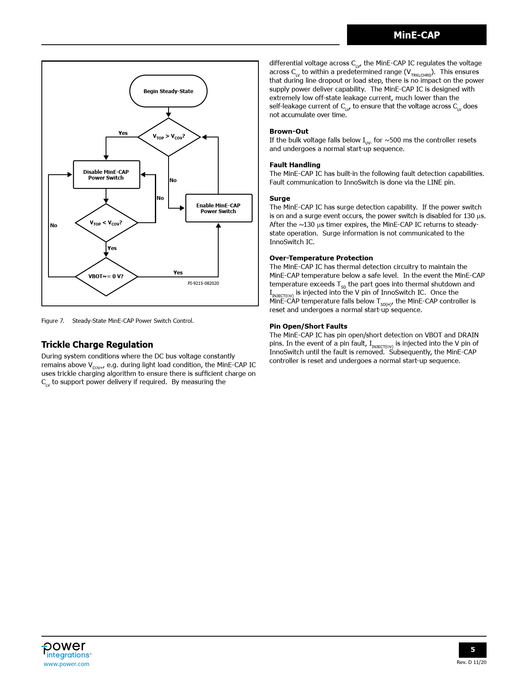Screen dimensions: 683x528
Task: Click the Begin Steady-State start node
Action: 168,91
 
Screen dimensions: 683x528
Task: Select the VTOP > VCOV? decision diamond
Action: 169,137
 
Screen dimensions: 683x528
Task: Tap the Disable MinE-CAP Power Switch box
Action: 106,175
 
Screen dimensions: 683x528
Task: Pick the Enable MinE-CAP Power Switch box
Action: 219,208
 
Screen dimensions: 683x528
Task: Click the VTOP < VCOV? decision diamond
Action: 106,223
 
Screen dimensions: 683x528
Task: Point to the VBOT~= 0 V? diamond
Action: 106,277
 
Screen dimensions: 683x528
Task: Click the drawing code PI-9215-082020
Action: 203,284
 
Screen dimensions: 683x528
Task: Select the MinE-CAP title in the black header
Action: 417,35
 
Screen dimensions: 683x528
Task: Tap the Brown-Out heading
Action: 289,131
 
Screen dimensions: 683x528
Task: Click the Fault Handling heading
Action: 295,165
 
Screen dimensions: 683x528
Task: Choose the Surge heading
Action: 280,198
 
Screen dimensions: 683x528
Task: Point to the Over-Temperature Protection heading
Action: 321,258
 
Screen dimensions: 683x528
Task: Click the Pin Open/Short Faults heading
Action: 308,326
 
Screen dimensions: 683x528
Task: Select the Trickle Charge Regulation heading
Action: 97,345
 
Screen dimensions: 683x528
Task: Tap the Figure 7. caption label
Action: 53,321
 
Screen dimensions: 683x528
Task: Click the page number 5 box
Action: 473,650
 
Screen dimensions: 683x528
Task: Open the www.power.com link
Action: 66,664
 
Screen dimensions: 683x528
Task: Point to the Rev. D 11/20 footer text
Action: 471,662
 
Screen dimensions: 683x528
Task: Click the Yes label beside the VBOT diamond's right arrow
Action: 178,272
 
